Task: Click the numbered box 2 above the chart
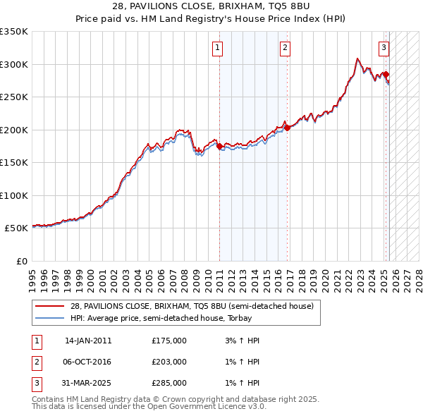click(284, 48)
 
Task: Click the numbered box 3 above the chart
click(384, 48)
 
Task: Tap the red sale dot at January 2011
click(219, 147)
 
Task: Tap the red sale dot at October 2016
click(287, 128)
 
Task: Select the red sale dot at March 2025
click(386, 74)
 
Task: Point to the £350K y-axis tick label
click(14, 32)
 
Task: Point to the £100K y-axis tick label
click(14, 195)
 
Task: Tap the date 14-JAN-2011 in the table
click(88, 341)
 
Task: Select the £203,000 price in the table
click(169, 362)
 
